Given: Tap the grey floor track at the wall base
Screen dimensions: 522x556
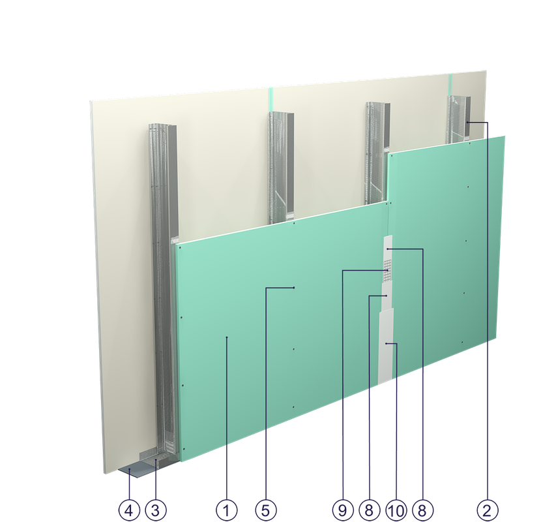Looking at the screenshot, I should click(140, 468).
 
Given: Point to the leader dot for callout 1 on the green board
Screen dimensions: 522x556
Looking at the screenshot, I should click(226, 337).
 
